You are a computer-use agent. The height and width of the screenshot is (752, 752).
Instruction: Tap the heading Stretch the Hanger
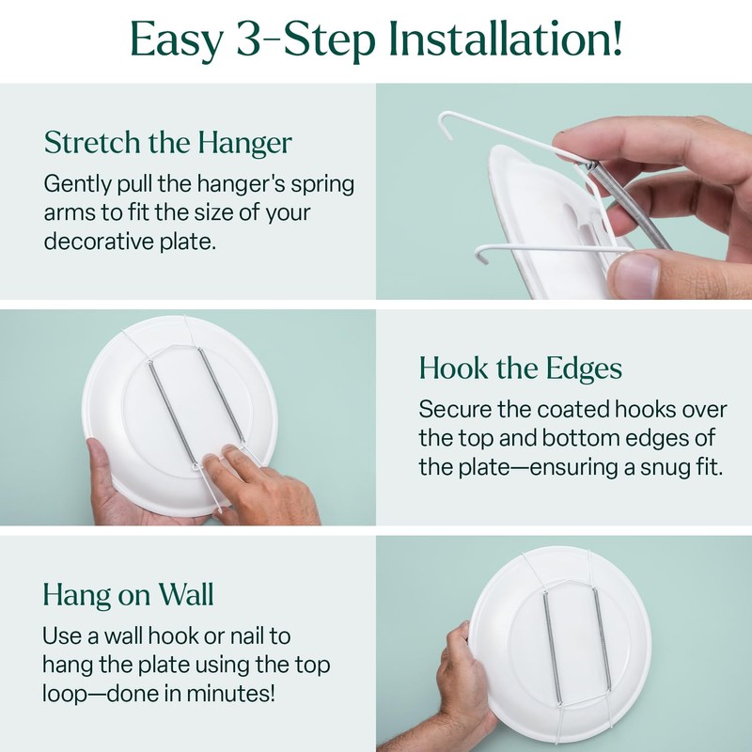pos(168,143)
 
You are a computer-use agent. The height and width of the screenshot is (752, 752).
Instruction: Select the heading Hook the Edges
pos(521,368)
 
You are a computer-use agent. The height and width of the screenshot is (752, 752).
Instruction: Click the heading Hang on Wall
pos(128,594)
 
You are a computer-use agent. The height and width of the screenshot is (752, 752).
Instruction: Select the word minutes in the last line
pos(248,697)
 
